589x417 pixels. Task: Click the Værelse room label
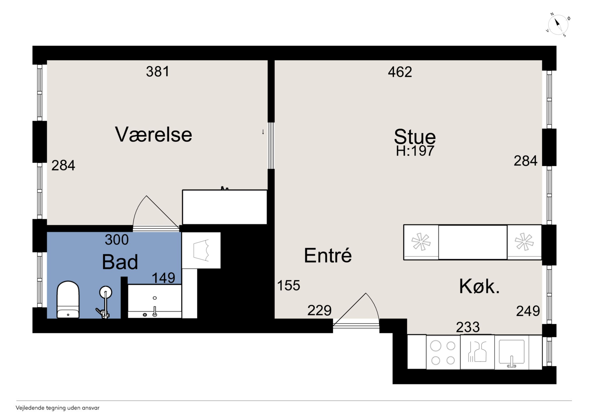click(153, 134)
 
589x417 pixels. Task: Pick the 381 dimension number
click(157, 71)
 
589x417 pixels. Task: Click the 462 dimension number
click(400, 72)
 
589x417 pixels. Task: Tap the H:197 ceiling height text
click(415, 151)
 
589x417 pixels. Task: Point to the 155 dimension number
click(289, 285)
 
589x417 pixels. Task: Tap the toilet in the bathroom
click(68, 299)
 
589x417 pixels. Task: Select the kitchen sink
click(511, 353)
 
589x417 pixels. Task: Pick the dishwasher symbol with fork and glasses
click(477, 352)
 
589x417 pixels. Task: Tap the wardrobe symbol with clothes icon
click(201, 250)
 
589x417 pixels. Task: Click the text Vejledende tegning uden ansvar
click(58, 408)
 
